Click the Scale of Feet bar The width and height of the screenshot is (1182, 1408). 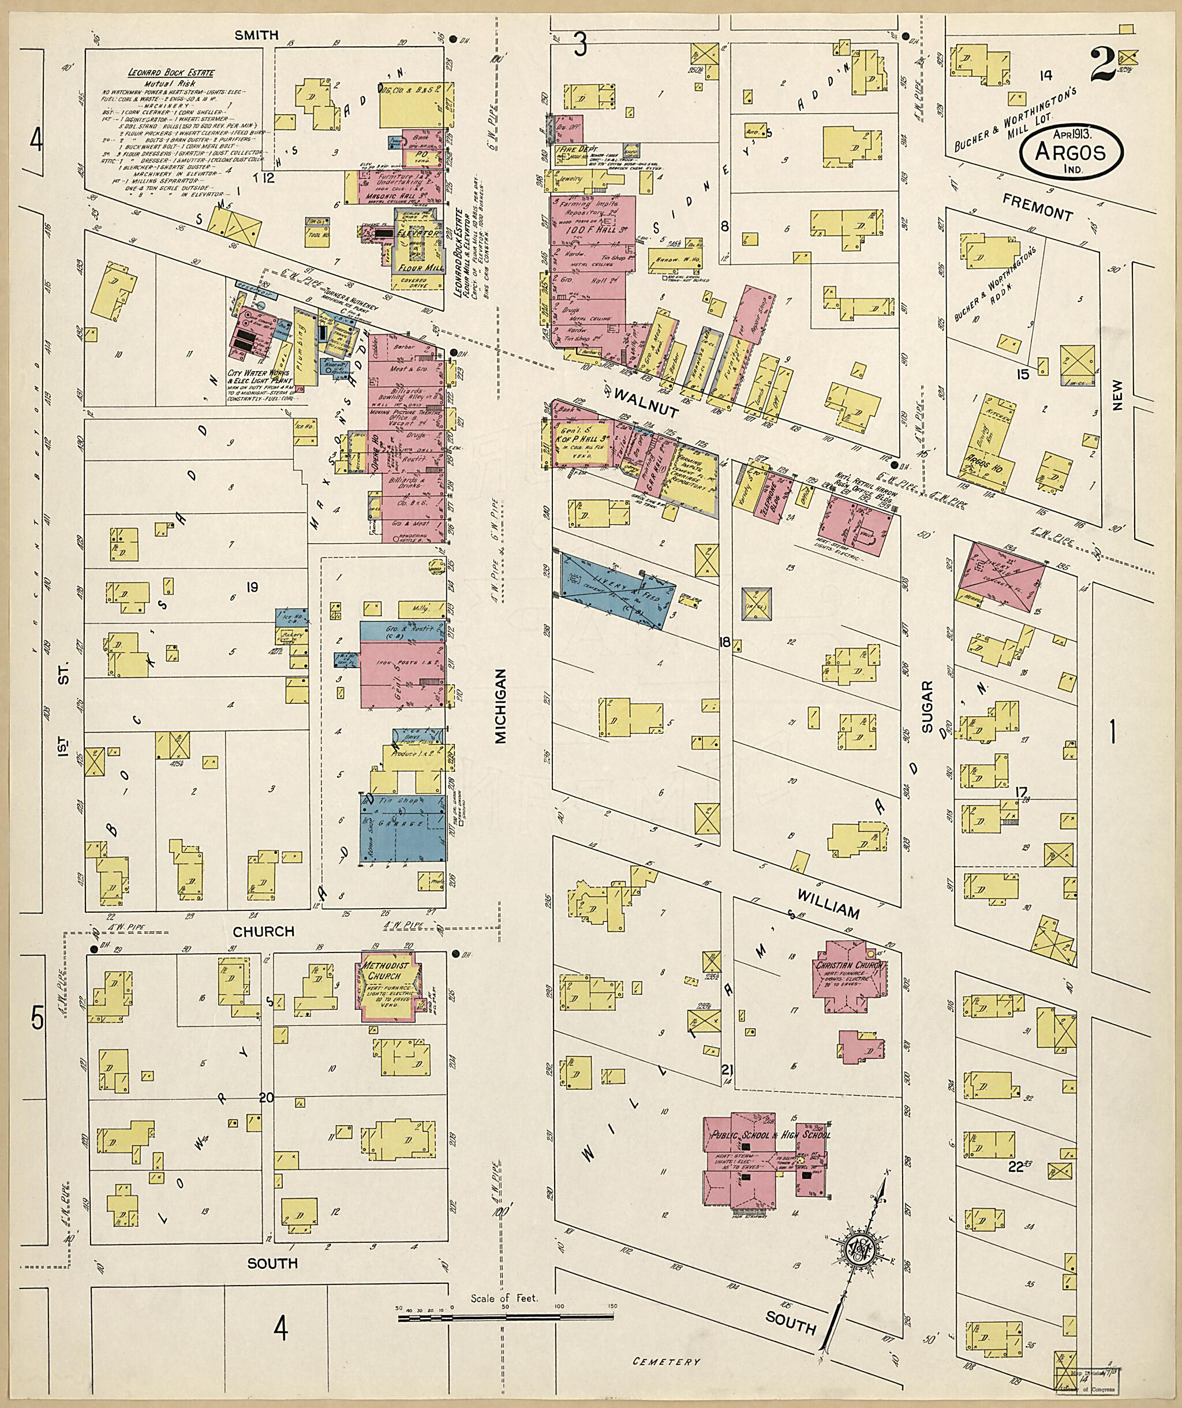pyautogui.click(x=506, y=1317)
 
